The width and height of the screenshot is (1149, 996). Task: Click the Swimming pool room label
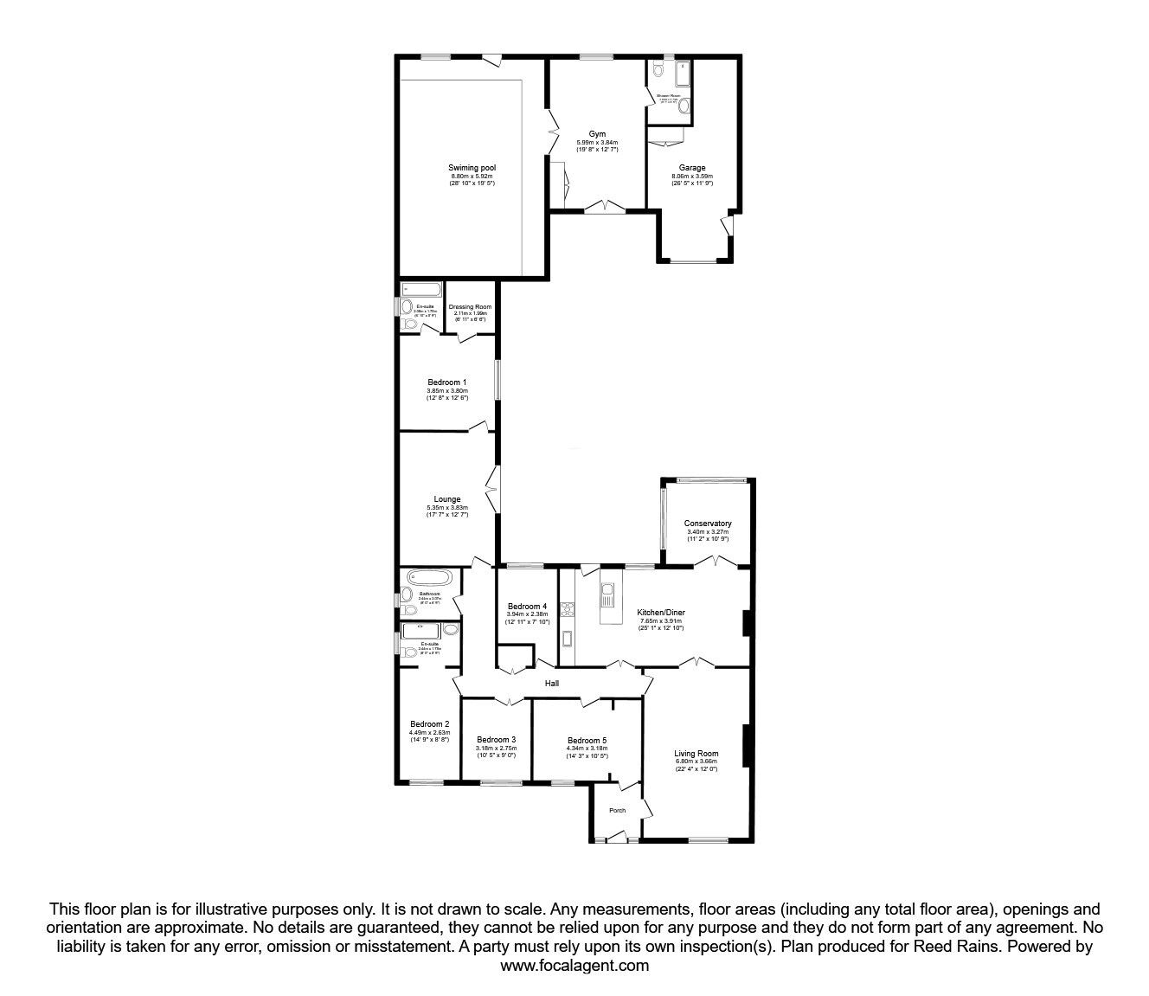click(x=472, y=168)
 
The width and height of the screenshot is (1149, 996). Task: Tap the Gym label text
click(x=597, y=134)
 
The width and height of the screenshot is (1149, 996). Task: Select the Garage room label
click(x=691, y=168)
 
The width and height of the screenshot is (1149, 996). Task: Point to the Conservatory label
click(x=708, y=524)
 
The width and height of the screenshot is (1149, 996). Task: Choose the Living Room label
click(x=696, y=753)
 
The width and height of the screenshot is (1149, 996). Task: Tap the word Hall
click(x=552, y=684)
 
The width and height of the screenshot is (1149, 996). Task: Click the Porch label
click(x=617, y=811)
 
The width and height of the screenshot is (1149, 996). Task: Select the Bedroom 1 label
click(x=447, y=382)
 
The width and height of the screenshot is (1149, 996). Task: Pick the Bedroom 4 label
click(x=527, y=606)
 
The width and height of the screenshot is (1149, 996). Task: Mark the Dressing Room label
click(x=470, y=307)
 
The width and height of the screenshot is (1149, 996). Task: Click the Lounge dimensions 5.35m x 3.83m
click(x=447, y=508)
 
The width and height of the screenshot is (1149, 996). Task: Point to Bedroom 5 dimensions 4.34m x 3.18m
click(x=587, y=749)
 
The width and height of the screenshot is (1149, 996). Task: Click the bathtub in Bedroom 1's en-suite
click(x=421, y=288)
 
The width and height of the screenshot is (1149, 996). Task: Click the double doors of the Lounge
click(x=493, y=491)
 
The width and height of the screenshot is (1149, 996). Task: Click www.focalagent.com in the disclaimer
click(x=574, y=966)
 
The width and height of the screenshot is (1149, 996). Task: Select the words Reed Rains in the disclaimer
click(x=872, y=947)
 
